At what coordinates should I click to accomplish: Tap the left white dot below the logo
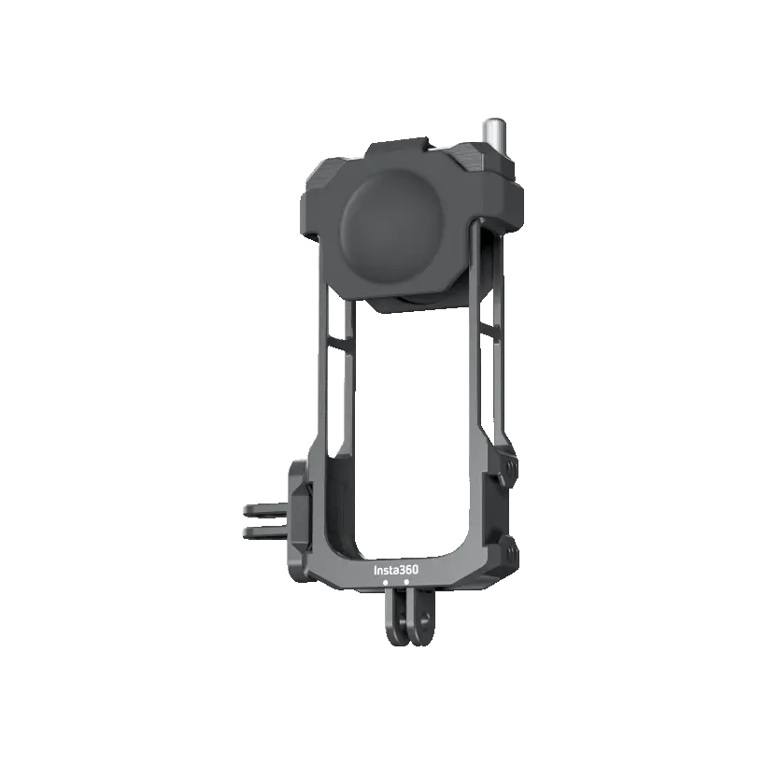386,582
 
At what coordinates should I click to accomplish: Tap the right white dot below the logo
406,582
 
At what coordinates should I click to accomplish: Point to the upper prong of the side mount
264,510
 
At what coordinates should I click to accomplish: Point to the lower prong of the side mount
264,532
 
